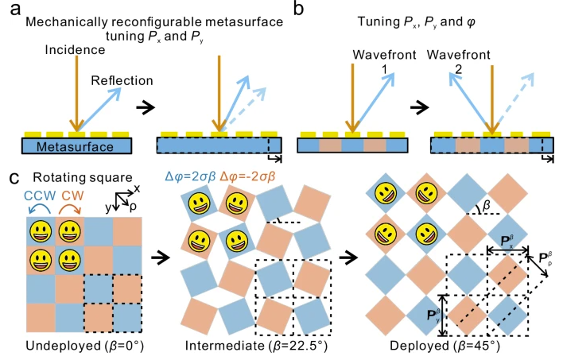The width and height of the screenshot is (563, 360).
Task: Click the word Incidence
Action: pyautogui.click(x=75, y=50)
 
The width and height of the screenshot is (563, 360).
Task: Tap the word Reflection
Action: pyautogui.click(x=122, y=80)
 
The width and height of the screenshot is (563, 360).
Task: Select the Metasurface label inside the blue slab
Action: pyautogui.click(x=75, y=146)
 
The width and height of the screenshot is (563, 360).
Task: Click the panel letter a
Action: pyautogui.click(x=15, y=10)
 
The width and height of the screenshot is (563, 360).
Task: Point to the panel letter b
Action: pyautogui.click(x=298, y=8)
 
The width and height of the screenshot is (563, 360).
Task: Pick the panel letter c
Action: pyautogui.click(x=14, y=178)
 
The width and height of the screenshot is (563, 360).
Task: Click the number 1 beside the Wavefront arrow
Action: pyautogui.click(x=385, y=69)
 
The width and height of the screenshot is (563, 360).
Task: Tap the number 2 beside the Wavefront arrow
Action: pyautogui.click(x=459, y=69)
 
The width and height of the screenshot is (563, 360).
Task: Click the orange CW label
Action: pyautogui.click(x=72, y=195)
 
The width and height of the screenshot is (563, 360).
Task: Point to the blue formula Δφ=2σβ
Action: pyautogui.click(x=190, y=176)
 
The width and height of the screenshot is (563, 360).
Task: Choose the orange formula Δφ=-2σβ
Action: pyautogui.click(x=248, y=176)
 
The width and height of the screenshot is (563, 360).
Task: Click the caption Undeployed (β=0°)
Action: pyautogui.click(x=85, y=346)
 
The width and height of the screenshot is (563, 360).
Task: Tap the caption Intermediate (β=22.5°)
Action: pyautogui.click(x=256, y=346)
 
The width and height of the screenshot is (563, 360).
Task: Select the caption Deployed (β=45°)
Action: pyautogui.click(x=445, y=346)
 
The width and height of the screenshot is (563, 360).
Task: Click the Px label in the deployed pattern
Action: pyautogui.click(x=507, y=242)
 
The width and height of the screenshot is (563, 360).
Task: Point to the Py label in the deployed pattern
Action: pyautogui.click(x=433, y=315)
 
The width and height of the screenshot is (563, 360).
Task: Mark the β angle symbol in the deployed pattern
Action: pyautogui.click(x=487, y=206)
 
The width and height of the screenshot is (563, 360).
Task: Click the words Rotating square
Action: pyautogui.click(x=83, y=178)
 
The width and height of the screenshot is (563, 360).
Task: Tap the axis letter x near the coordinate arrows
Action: pyautogui.click(x=137, y=188)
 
